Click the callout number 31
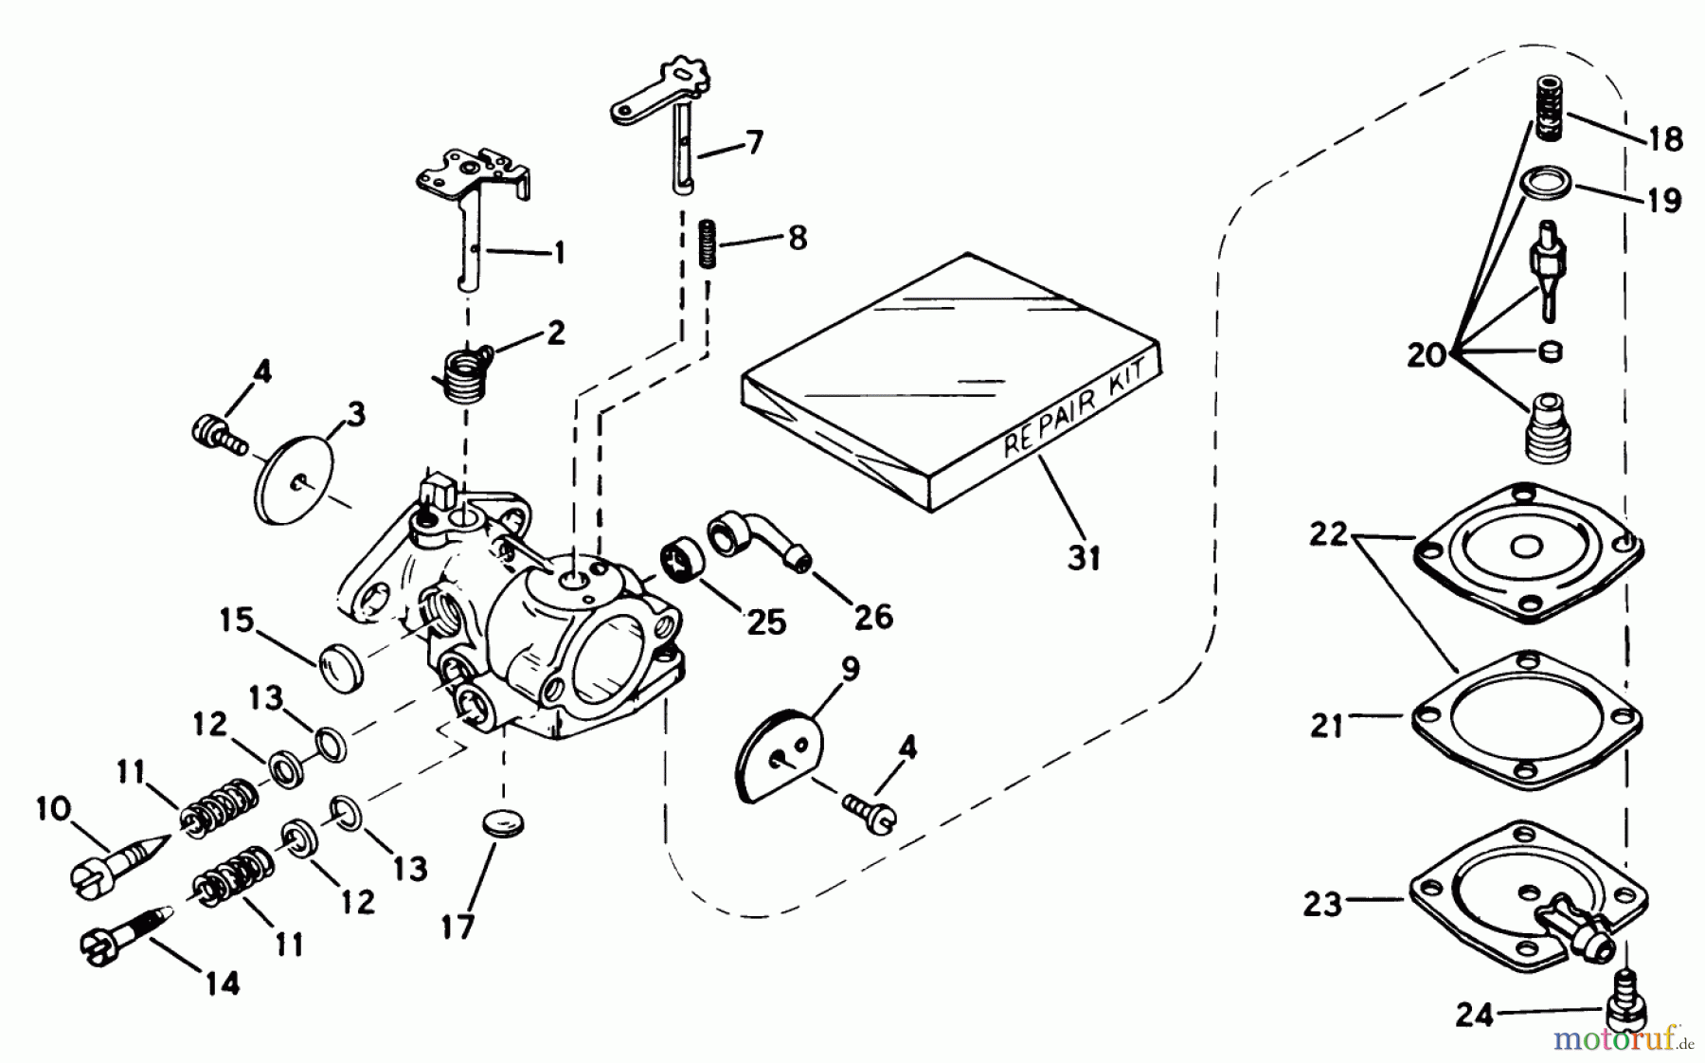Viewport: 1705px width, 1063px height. [x=1084, y=557]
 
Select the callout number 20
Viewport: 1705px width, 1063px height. [x=1426, y=355]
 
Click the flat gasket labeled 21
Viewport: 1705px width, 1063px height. [x=1526, y=718]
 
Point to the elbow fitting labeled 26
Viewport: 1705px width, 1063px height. [x=763, y=541]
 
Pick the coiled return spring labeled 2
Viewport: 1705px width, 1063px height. [x=466, y=370]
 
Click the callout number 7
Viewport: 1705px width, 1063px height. [x=754, y=144]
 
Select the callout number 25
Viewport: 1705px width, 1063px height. [x=765, y=622]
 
